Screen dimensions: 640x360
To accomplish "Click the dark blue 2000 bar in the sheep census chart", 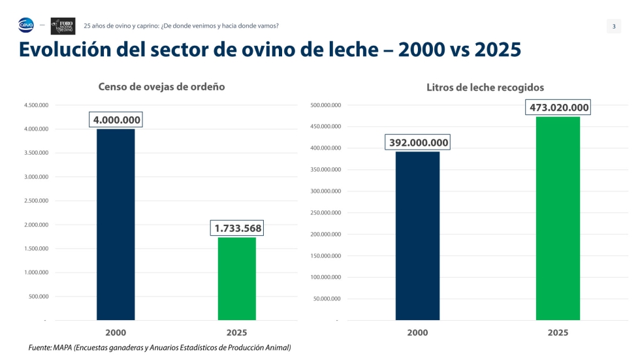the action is point(116,225).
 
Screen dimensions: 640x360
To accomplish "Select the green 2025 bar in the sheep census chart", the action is point(236,279).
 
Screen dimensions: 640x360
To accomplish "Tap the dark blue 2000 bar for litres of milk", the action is point(417,236).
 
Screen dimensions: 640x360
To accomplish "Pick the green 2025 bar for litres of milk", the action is point(558,218).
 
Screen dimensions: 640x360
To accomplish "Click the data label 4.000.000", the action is point(116,120).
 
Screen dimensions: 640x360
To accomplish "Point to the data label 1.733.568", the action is point(237,228).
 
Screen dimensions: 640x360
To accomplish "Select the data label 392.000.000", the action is point(418,142).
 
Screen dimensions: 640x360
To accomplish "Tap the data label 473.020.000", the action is point(558,107).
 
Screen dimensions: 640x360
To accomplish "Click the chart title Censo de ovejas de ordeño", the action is point(162,86).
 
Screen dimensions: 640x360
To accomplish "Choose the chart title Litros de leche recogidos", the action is point(485,88).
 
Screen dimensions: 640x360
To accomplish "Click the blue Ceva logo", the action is point(25,25).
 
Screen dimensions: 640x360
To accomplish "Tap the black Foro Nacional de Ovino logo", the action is point(63,26).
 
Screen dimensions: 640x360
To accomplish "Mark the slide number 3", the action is point(614,27).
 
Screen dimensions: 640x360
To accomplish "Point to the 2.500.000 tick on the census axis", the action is point(37,201).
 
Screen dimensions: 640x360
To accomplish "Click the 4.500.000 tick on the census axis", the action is point(37,105).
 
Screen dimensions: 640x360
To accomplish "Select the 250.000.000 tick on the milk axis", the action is point(326,212).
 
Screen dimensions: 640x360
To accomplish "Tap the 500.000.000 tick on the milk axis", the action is point(326,105).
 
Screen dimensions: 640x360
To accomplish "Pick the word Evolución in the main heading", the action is point(65,50).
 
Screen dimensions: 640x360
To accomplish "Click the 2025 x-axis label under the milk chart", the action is point(558,333).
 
